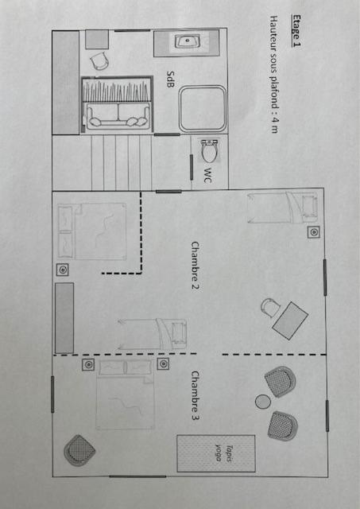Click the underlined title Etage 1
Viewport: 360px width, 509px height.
[296, 31]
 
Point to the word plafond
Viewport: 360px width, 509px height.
[274, 93]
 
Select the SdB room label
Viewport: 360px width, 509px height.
[170, 80]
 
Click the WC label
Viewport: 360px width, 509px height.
[208, 175]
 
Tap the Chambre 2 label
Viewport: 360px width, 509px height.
[195, 266]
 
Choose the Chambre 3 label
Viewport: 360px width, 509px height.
[195, 396]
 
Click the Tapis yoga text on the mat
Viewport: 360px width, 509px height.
[224, 453]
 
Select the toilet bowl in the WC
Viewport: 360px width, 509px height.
[209, 150]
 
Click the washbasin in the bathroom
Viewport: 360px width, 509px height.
[188, 41]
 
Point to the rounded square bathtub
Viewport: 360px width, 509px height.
[203, 109]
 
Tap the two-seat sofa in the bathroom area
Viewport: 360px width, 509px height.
[118, 115]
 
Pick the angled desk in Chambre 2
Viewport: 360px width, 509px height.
[290, 321]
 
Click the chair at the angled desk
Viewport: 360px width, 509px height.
[270, 307]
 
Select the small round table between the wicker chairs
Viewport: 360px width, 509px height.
[263, 402]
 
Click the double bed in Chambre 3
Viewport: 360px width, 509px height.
[126, 394]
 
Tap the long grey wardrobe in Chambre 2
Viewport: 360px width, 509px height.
[64, 318]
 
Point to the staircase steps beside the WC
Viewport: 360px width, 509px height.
[122, 162]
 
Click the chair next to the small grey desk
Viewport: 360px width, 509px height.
[99, 60]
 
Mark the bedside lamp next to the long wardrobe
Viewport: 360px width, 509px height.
[62, 270]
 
